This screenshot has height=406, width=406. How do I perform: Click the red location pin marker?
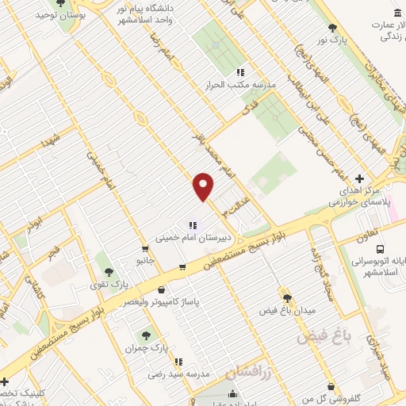(204, 187)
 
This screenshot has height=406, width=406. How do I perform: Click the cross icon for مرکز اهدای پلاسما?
(360, 179)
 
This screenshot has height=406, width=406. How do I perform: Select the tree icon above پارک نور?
(343, 27)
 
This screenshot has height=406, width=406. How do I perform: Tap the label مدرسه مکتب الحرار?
(241, 85)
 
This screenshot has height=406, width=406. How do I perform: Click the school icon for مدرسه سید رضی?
(179, 360)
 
